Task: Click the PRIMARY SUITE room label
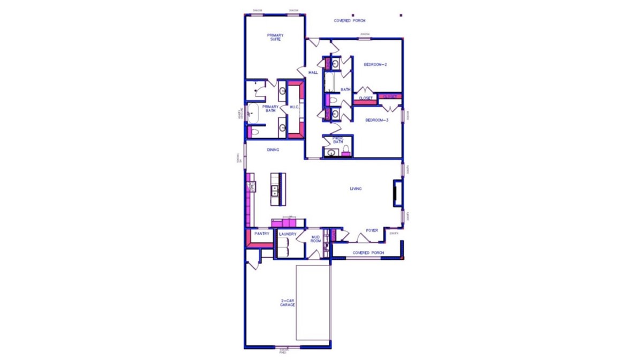pyautogui.click(x=275, y=37)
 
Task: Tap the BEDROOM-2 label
pyautogui.click(x=375, y=64)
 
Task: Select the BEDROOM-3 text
pyautogui.click(x=376, y=121)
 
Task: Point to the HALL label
pyautogui.click(x=313, y=72)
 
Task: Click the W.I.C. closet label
pyautogui.click(x=294, y=108)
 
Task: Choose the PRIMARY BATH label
pyautogui.click(x=270, y=109)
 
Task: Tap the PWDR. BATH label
pyautogui.click(x=338, y=140)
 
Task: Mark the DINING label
pyautogui.click(x=273, y=150)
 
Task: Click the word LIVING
pyautogui.click(x=356, y=189)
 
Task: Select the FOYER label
pyautogui.click(x=372, y=231)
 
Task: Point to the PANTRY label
pyautogui.click(x=262, y=234)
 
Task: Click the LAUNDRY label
pyautogui.click(x=288, y=234)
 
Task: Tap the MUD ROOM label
pyautogui.click(x=316, y=239)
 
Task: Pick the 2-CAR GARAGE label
pyautogui.click(x=288, y=303)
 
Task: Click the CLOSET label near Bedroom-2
pyautogui.click(x=366, y=99)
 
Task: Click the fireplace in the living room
pyautogui.click(x=397, y=193)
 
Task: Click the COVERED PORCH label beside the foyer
pyautogui.click(x=368, y=252)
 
